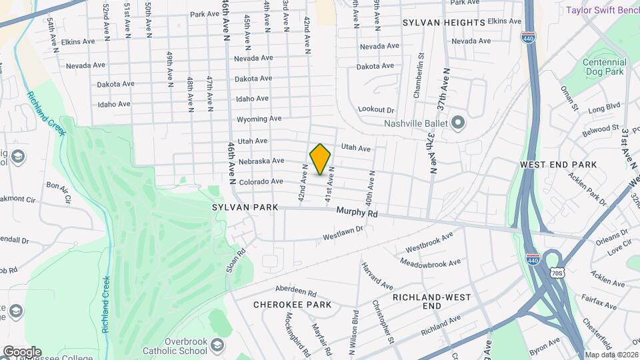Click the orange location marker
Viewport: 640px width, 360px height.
click(321, 159)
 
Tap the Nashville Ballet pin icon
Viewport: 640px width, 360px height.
click(457, 123)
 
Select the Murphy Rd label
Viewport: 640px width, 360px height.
click(357, 213)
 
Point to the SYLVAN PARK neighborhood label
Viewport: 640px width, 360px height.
click(245, 207)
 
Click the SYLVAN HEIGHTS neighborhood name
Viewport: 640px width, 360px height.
click(444, 23)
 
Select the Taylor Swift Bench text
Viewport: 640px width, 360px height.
click(602, 10)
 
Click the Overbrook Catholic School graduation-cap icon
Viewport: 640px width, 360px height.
click(217, 344)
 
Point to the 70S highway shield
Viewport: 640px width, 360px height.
click(557, 273)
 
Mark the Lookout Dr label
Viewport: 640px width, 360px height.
click(377, 109)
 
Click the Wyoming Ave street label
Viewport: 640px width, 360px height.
click(259, 119)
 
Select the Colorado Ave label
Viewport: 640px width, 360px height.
click(262, 181)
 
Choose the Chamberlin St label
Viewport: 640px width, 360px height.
click(419, 85)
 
